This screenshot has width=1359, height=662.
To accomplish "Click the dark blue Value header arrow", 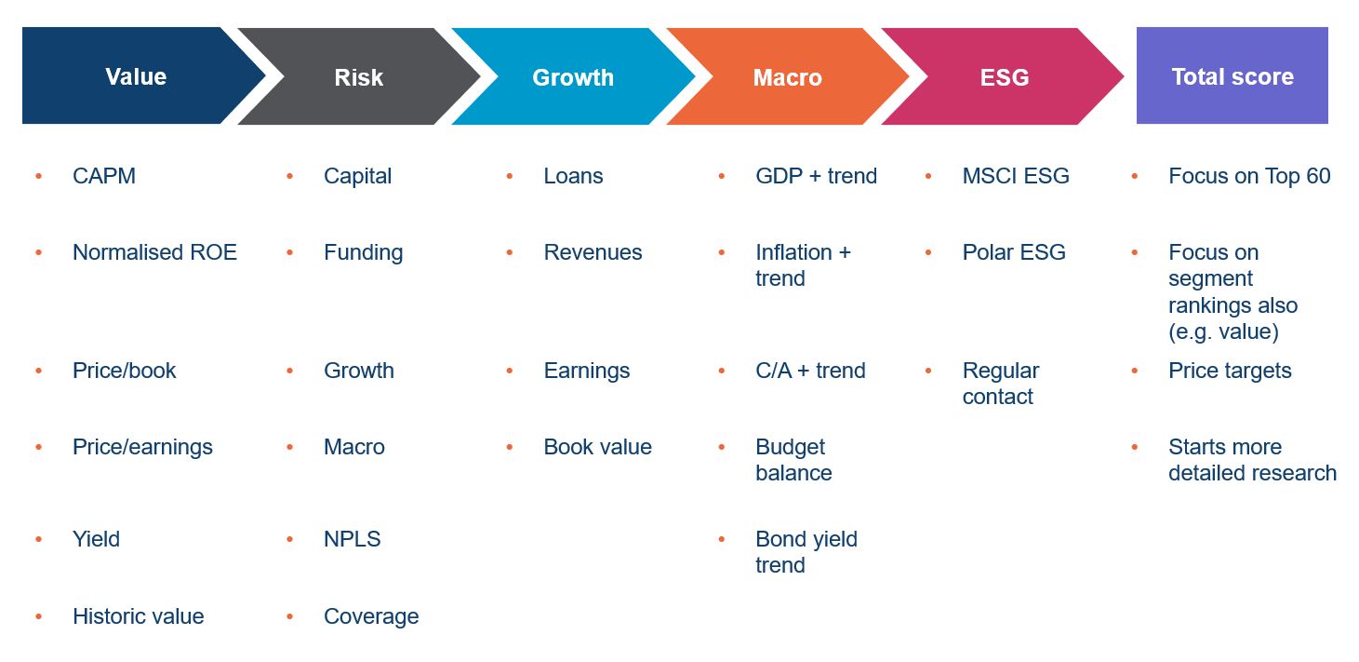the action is tap(137, 76).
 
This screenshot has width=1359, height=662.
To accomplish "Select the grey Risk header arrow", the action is tap(358, 76).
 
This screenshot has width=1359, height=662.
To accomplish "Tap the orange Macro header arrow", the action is tap(787, 76).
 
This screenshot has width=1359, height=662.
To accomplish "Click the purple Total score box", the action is tap(1232, 76).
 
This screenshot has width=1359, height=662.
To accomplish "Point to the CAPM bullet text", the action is tap(104, 176).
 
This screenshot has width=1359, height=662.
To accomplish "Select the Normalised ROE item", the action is tap(154, 252).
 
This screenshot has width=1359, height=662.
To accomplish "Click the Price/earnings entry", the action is tap(142, 447).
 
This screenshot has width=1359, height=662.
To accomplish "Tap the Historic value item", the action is tap(139, 616).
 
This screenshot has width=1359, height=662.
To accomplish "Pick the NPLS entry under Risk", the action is tap(352, 539).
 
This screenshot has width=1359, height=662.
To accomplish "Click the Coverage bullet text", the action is tap(371, 616).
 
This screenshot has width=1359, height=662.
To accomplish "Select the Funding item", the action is tap(363, 252).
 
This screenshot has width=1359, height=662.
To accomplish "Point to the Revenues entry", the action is tap(593, 252).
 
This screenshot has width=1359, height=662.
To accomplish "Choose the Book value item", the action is tap(597, 447).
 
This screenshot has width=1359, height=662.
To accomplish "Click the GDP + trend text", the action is tap(816, 176).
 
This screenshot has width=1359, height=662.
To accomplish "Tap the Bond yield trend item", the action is tap(806, 552).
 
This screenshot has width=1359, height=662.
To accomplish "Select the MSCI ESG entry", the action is tap(1016, 176).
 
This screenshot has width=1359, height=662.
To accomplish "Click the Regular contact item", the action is tap(1001, 384).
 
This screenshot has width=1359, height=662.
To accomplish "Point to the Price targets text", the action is tap(1230, 372).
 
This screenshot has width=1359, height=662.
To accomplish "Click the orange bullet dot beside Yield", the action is tap(39, 539).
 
